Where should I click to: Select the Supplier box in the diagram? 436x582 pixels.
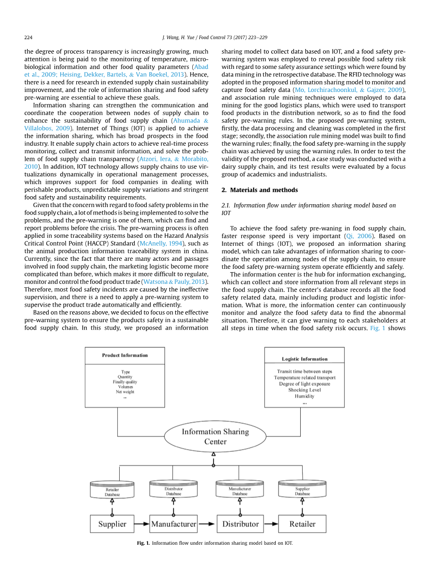pyautogui.click(x=112, y=524)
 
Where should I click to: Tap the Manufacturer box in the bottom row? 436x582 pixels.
pyautogui.click(x=173, y=524)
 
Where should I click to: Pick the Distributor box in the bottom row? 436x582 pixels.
pyautogui.click(x=240, y=524)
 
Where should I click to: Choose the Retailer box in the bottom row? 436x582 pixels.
pyautogui.click(x=302, y=524)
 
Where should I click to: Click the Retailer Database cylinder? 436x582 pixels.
pyautogui.click(x=112, y=491)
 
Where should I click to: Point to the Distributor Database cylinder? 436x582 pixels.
pyautogui.click(x=173, y=491)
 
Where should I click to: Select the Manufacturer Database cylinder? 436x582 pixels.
pyautogui.click(x=240, y=491)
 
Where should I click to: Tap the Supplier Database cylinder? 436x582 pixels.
pyautogui.click(x=302, y=491)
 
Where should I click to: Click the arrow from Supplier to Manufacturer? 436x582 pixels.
pyautogui.click(x=142, y=524)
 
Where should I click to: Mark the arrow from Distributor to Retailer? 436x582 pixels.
pyautogui.click(x=271, y=524)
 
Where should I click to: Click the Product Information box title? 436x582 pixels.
pyautogui.click(x=125, y=356)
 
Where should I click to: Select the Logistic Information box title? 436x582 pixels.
pyautogui.click(x=304, y=359)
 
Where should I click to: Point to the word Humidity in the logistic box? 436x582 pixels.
pyautogui.click(x=304, y=396)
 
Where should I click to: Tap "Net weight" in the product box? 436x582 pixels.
pyautogui.click(x=125, y=392)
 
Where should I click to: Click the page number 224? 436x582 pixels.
pyautogui.click(x=28, y=37)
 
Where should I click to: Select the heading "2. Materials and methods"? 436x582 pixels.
pyautogui.click(x=260, y=190)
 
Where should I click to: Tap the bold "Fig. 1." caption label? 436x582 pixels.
pyautogui.click(x=143, y=543)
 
